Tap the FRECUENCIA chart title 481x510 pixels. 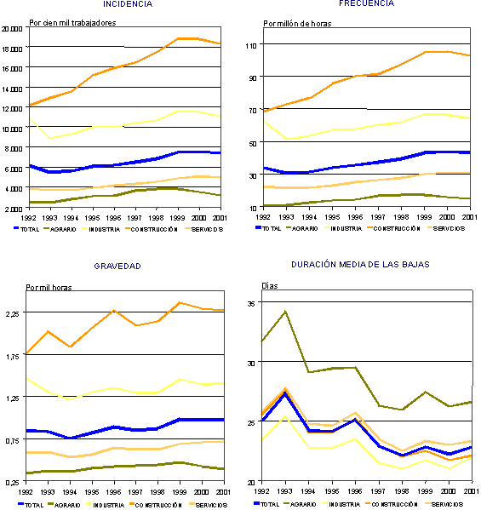(366, 3)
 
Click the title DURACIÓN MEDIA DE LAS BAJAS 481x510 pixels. (360, 265)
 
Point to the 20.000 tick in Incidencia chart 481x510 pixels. (11, 29)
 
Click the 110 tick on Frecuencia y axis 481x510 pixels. (252, 44)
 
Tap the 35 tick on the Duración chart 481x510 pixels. (252, 303)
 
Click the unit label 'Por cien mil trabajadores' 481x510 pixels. (72, 23)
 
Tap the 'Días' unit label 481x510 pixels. (269, 286)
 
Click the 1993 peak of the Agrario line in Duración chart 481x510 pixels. (285, 311)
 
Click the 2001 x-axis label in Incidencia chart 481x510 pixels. (220, 217)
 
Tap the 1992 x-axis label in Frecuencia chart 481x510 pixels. (264, 217)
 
